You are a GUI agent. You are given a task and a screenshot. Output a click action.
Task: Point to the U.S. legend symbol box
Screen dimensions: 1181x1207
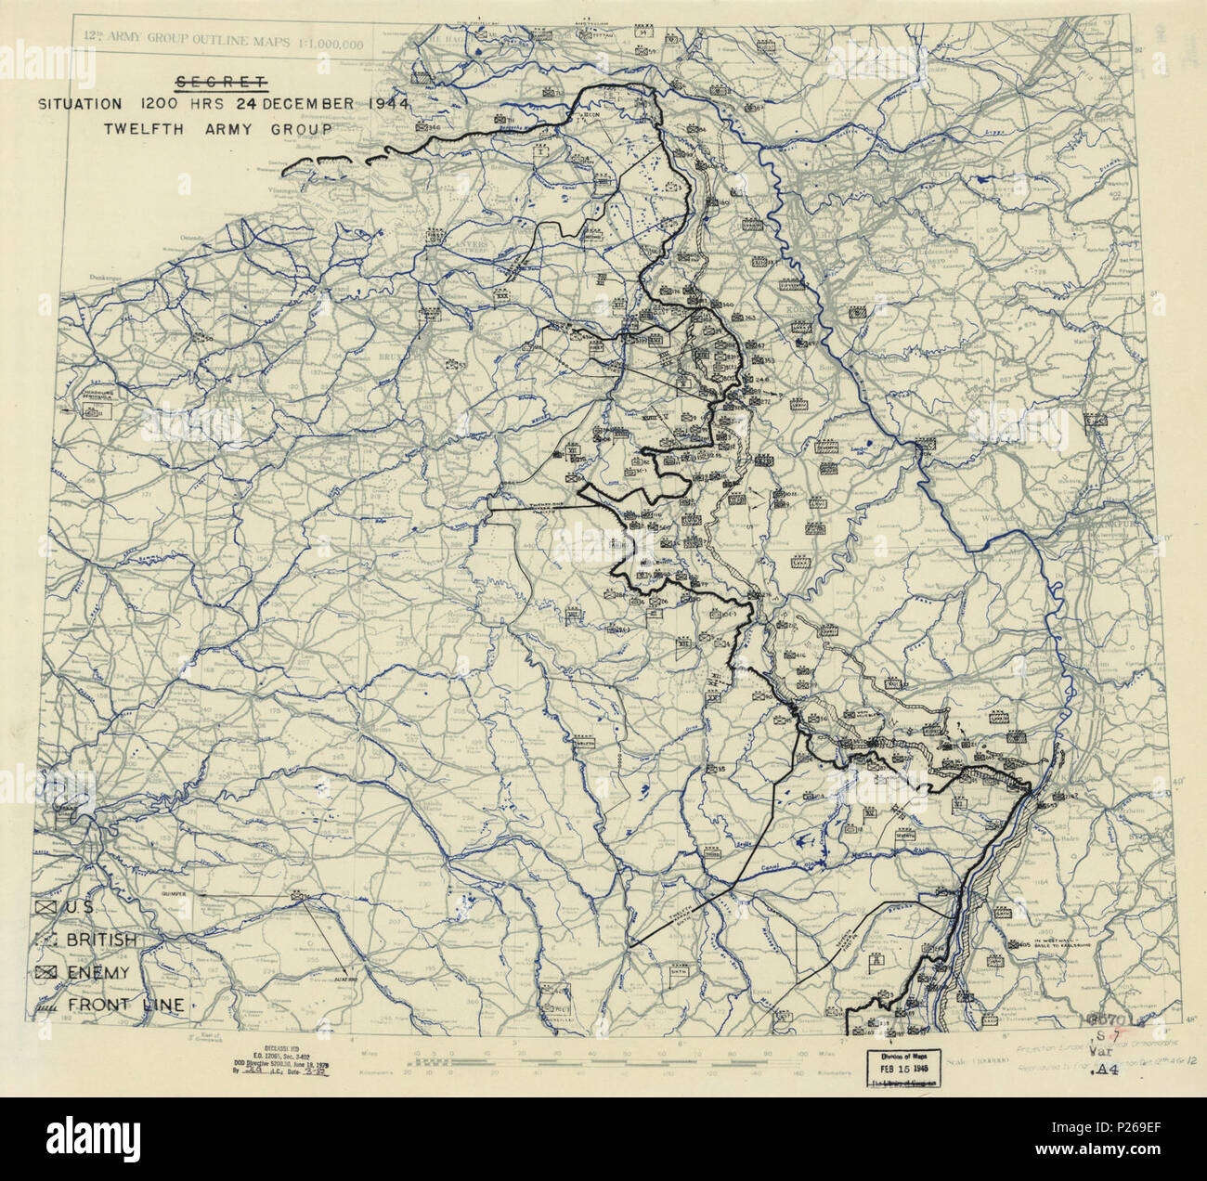tap(46, 906)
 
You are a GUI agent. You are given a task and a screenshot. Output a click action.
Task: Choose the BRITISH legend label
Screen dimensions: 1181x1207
tap(101, 940)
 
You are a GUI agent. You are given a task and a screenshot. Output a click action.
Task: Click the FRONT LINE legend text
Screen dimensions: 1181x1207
tap(124, 1005)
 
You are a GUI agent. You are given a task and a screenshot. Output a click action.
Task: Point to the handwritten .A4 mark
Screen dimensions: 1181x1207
tap(1107, 1070)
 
